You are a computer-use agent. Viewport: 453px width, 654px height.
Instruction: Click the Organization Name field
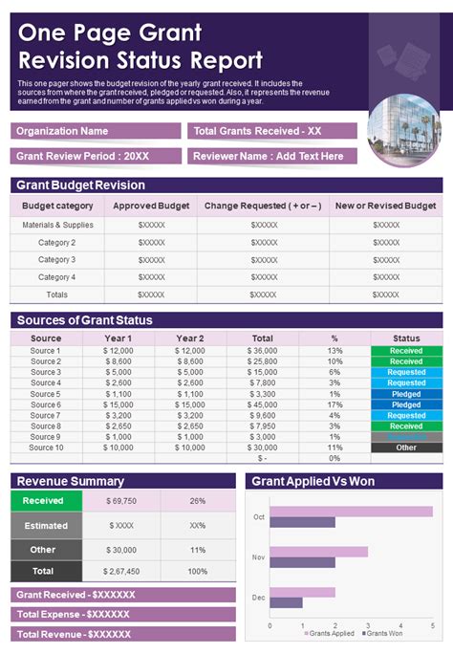click(x=96, y=131)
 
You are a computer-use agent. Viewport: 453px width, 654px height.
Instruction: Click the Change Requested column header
click(x=264, y=206)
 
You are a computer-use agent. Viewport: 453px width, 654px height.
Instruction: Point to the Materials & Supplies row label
click(x=57, y=225)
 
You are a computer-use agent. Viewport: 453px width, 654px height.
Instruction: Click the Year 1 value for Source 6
click(x=119, y=405)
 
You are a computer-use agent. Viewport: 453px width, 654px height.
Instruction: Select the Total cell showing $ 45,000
click(x=262, y=405)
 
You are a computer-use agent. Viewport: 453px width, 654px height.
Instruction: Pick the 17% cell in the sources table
click(x=334, y=405)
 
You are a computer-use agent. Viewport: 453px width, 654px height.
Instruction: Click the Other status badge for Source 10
click(x=406, y=447)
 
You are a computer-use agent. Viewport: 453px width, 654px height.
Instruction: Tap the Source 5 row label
click(x=45, y=394)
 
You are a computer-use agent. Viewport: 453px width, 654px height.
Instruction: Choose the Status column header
click(x=406, y=338)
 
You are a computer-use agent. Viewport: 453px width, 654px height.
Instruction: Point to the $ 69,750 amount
click(x=121, y=500)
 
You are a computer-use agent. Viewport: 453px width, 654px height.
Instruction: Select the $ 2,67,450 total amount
click(x=121, y=571)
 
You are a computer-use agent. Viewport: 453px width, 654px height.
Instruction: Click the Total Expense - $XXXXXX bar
click(x=123, y=614)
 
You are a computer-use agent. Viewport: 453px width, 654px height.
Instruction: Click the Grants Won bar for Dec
click(x=286, y=602)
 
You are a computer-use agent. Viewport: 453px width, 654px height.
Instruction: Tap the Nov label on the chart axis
click(x=258, y=556)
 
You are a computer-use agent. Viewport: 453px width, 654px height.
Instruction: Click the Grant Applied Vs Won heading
click(x=313, y=481)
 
